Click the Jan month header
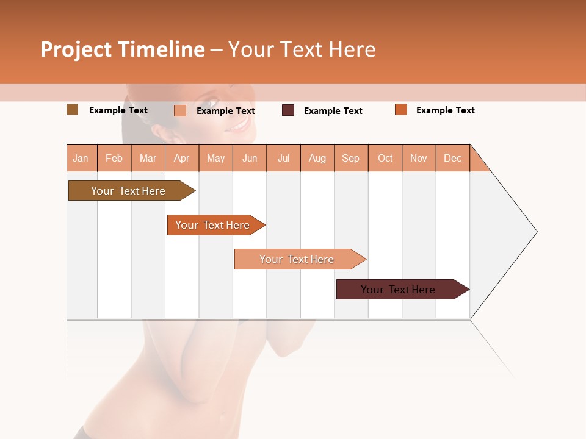click(81, 158)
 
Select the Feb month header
click(114, 158)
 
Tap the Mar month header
click(148, 158)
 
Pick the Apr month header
click(182, 158)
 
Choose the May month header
click(215, 158)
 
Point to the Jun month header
click(250, 158)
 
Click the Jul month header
click(283, 158)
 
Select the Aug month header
click(317, 158)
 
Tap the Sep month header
click(351, 158)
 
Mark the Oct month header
click(385, 158)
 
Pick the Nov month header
click(419, 158)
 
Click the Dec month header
click(453, 158)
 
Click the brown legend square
click(72, 110)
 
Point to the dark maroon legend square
click(288, 110)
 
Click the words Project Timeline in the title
click(122, 49)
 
